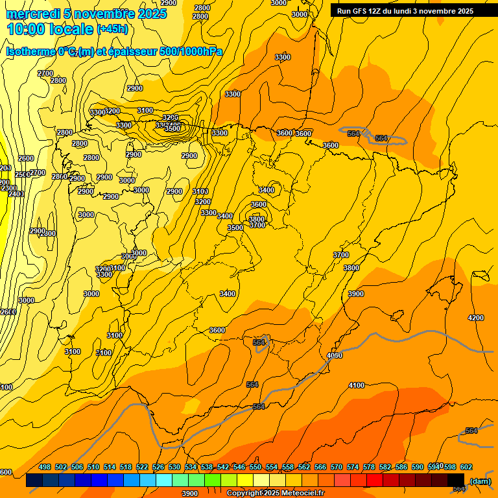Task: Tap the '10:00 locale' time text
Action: [50, 29]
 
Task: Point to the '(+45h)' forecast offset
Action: [112, 29]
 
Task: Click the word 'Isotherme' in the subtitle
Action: [30, 52]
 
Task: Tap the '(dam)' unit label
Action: [480, 480]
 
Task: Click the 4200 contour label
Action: [476, 318]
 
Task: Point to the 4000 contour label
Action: [335, 355]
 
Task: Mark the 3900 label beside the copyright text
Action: [189, 493]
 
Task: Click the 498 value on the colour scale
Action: [45, 467]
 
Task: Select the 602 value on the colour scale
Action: [466, 467]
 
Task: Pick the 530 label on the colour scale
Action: [174, 467]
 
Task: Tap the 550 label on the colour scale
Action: [255, 467]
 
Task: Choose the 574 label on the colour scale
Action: [353, 467]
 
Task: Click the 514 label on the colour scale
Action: [110, 467]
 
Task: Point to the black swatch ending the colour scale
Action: [456, 480]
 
